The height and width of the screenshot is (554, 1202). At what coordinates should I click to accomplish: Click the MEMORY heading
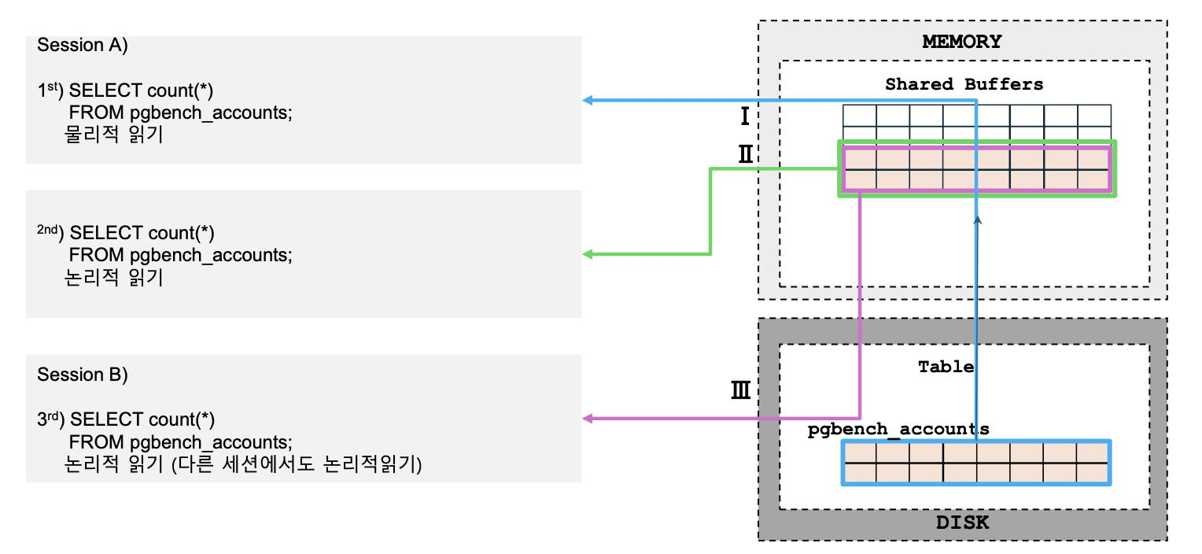pyautogui.click(x=962, y=42)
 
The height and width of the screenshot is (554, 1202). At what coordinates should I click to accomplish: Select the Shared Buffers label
pyautogui.click(x=964, y=84)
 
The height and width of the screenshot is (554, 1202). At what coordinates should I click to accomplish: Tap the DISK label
pyautogui.click(x=962, y=523)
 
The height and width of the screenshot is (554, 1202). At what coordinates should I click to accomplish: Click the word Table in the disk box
pyautogui.click(x=946, y=367)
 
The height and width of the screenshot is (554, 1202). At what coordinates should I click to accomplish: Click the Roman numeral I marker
pyautogui.click(x=743, y=118)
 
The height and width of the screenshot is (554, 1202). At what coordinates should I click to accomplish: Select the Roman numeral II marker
pyautogui.click(x=745, y=153)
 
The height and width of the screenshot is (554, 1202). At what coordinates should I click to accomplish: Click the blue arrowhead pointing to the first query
pyautogui.click(x=587, y=100)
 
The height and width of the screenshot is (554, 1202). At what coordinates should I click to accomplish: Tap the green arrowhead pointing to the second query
pyautogui.click(x=587, y=254)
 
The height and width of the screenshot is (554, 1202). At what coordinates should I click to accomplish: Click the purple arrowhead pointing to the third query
pyautogui.click(x=587, y=419)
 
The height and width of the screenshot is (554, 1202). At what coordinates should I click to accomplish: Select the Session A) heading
pyautogui.click(x=82, y=45)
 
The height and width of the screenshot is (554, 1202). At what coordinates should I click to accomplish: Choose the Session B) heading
pyautogui.click(x=82, y=375)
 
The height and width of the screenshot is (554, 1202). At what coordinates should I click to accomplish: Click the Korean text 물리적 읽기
pyautogui.click(x=113, y=135)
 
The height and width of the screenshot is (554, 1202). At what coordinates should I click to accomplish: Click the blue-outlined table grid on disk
pyautogui.click(x=975, y=463)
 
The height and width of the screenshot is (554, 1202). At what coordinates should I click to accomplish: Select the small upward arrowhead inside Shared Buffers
pyautogui.click(x=976, y=223)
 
